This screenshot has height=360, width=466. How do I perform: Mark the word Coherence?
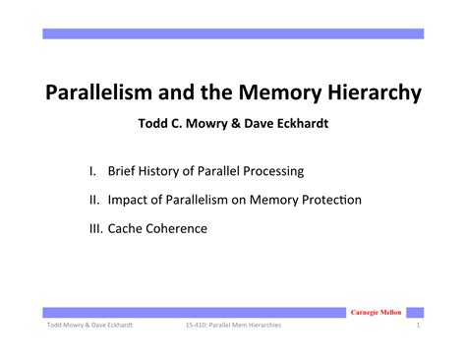point(181,227)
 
